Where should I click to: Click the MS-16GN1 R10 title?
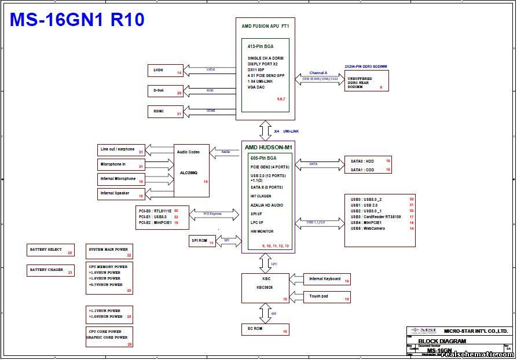(x=77, y=20)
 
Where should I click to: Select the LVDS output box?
(x=166, y=71)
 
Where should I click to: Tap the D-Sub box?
(x=166, y=91)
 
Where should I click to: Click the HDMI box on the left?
(x=166, y=111)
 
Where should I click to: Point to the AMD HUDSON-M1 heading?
(x=268, y=148)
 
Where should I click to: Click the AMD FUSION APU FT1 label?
(x=265, y=26)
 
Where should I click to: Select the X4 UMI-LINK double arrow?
(x=266, y=130)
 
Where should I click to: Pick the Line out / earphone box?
(x=121, y=150)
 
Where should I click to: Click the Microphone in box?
(x=121, y=165)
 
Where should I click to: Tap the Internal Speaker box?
(x=121, y=193)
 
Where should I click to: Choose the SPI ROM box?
(x=203, y=241)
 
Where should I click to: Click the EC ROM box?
(x=265, y=329)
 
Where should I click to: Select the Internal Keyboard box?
(x=328, y=280)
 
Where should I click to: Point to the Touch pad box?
(x=328, y=297)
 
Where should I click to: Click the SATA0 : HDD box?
(x=368, y=160)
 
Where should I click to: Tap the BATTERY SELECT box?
(x=51, y=250)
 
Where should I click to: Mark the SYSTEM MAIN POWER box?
(x=109, y=251)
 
